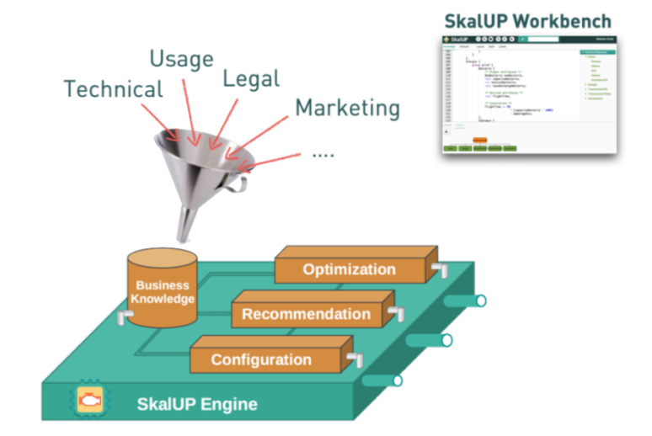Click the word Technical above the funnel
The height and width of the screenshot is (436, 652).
coord(112,88)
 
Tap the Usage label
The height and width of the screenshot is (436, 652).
coord(181,58)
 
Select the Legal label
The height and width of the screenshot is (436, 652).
coord(251,78)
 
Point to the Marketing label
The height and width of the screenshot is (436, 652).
coord(347,108)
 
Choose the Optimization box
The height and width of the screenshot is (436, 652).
coord(349,269)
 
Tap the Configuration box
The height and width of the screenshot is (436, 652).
coord(260,359)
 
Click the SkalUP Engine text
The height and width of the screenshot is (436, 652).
coord(197,404)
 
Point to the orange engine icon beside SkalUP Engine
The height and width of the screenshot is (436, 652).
coord(88,401)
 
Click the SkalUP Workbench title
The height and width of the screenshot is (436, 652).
coord(527,21)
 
